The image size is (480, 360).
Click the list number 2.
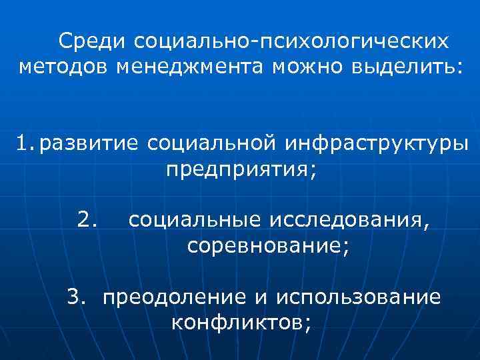click(x=88, y=219)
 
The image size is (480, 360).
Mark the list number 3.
click(x=77, y=296)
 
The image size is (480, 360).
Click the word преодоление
click(x=171, y=296)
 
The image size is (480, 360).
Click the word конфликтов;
click(x=241, y=322)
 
